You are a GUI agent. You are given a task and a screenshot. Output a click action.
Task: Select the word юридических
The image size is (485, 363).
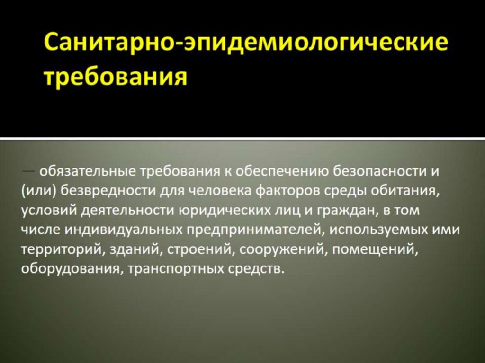click(222, 210)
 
